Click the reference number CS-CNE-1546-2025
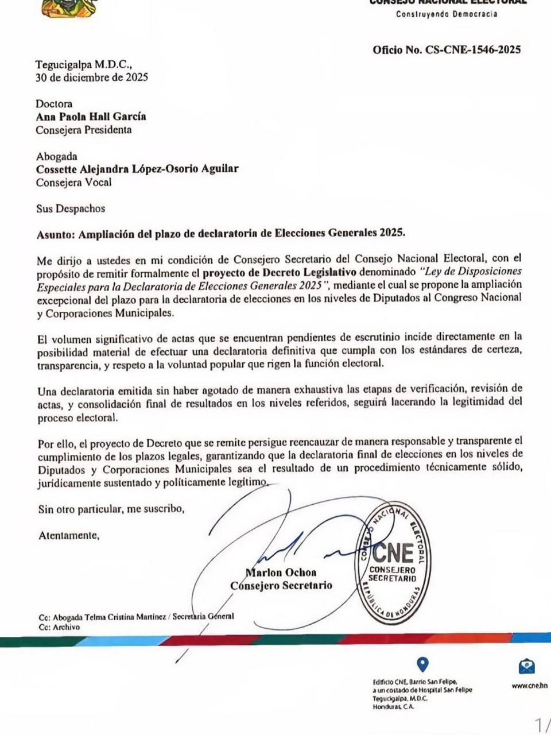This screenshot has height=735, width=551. (x=472, y=50)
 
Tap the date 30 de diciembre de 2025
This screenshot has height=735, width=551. (x=92, y=78)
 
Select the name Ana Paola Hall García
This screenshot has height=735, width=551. (x=91, y=117)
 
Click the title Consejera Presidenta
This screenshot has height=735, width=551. (x=84, y=130)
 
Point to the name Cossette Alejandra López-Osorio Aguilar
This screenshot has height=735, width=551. (x=137, y=169)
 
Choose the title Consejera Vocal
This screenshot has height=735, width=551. (x=73, y=183)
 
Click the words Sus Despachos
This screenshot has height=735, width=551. (x=71, y=209)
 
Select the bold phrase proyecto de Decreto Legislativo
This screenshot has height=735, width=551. (x=280, y=272)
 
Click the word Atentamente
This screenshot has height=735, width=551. (x=68, y=536)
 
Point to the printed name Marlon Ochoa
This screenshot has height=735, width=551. (x=281, y=572)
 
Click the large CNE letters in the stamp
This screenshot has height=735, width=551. (x=393, y=553)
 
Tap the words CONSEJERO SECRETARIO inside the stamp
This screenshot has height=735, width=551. (x=393, y=574)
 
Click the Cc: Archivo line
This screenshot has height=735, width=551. (x=59, y=627)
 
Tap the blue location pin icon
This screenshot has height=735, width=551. (x=422, y=664)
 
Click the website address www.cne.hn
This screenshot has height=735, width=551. (x=529, y=685)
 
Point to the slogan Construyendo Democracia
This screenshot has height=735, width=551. (x=447, y=14)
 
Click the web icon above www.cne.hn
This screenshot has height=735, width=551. (x=527, y=666)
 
